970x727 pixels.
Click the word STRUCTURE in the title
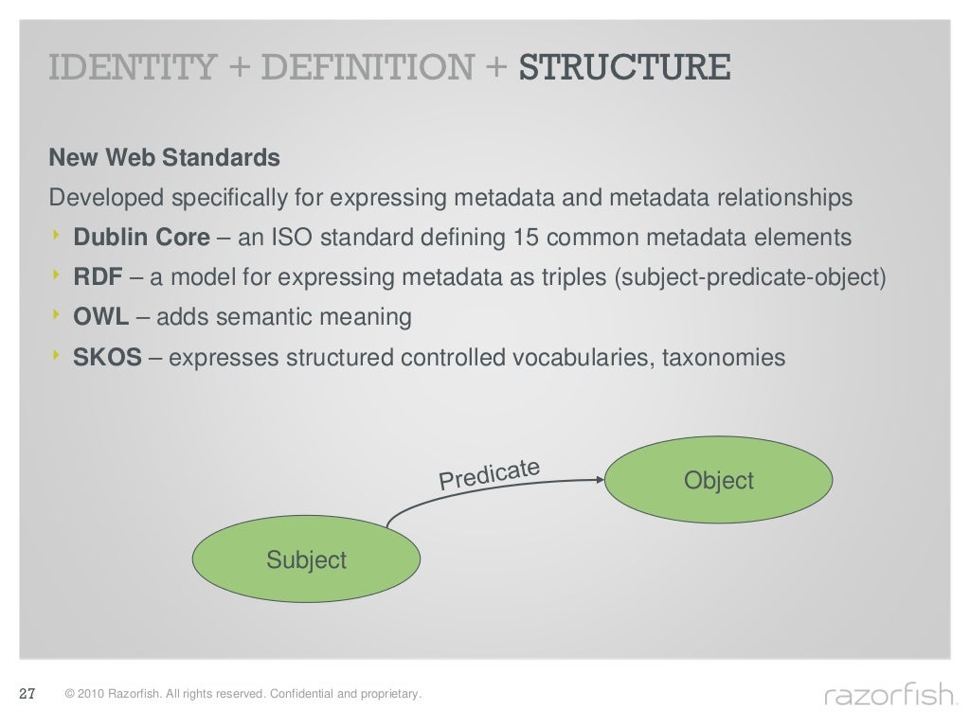[624, 67]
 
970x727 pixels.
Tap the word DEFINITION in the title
[368, 67]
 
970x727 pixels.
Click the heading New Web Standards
[164, 157]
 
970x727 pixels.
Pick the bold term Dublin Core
[142, 238]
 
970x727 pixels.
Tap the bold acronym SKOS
[107, 357]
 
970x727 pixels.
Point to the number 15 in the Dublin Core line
[526, 238]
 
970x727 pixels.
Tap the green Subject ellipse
[306, 559]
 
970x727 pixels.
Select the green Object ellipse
[718, 481]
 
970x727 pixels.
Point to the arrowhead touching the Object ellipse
[599, 480]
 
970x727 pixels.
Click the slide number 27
[27, 695]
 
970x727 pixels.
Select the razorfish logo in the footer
[889, 697]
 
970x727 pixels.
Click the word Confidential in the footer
[300, 695]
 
